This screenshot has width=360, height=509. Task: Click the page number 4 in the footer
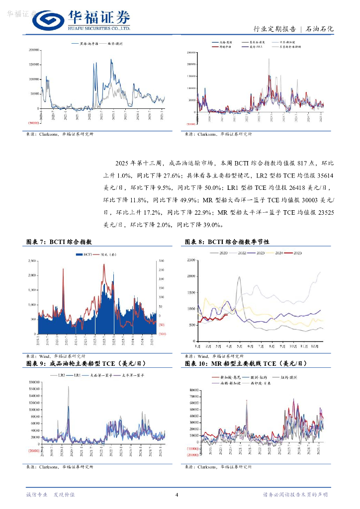177,495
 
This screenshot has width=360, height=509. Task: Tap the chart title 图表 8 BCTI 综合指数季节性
226,242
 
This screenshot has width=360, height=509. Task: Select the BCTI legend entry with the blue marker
83,254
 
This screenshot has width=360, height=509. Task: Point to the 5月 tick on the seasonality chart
240,345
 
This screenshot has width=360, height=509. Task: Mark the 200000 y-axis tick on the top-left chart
33,50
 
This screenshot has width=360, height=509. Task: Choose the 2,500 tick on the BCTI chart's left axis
31,260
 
